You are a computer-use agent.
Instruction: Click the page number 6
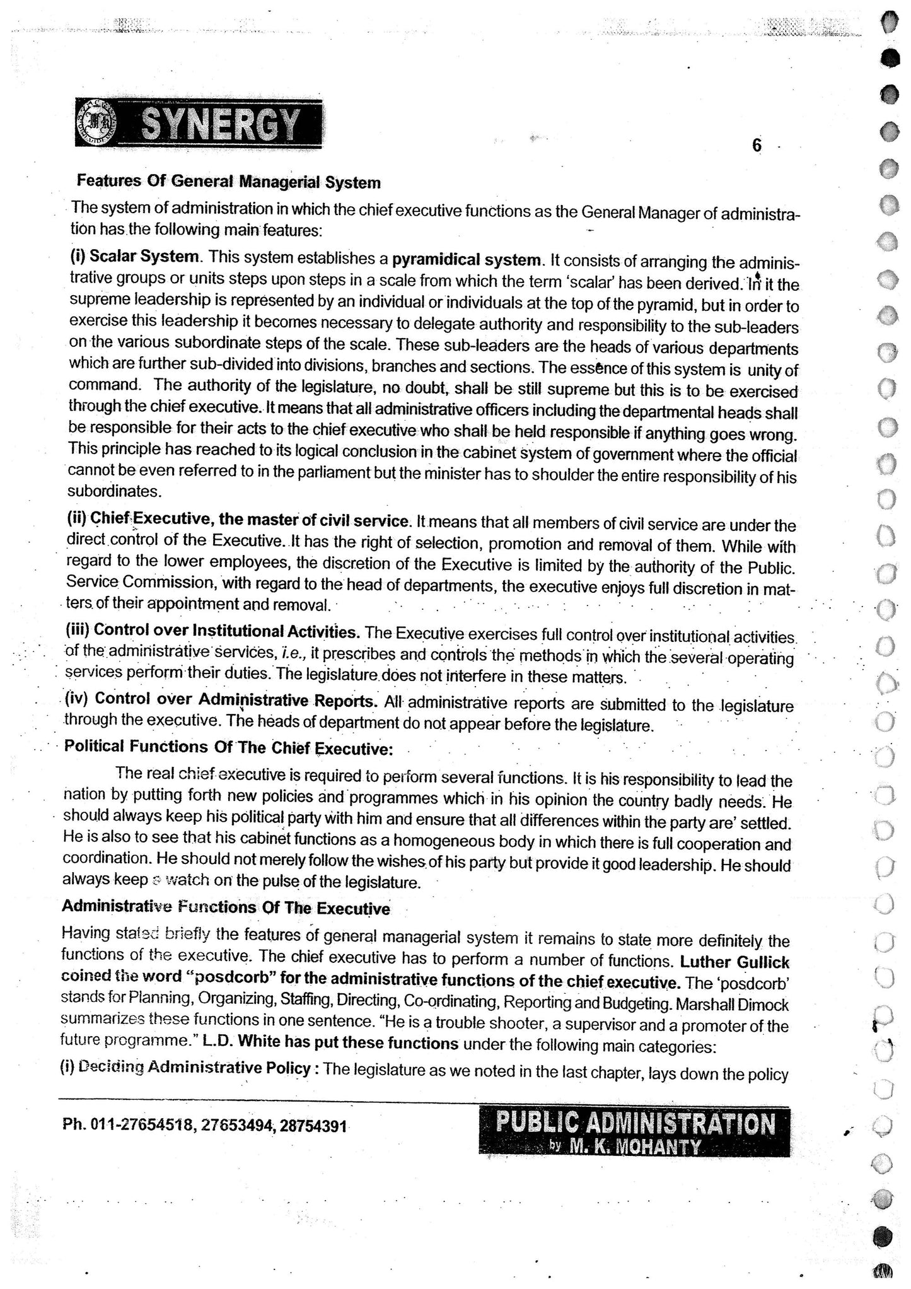pyautogui.click(x=757, y=146)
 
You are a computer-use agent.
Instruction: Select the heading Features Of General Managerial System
pyautogui.click(x=228, y=182)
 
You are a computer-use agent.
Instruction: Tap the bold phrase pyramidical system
pyautogui.click(x=467, y=260)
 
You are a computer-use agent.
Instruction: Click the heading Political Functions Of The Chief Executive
pyautogui.click(x=229, y=747)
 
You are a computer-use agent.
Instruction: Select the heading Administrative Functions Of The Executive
pyautogui.click(x=226, y=908)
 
